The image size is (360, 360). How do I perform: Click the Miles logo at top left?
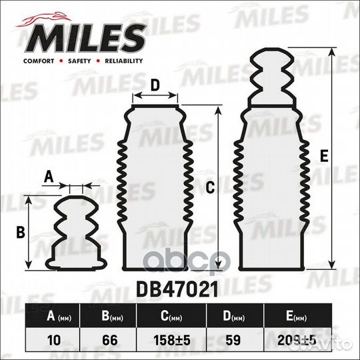click(x=84, y=37)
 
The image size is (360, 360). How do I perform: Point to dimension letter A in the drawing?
click(x=47, y=177)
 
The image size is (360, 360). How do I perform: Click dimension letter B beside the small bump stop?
click(x=20, y=232)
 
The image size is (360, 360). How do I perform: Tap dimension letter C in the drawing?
click(x=209, y=188)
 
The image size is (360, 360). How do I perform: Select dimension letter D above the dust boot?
click(x=155, y=85)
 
